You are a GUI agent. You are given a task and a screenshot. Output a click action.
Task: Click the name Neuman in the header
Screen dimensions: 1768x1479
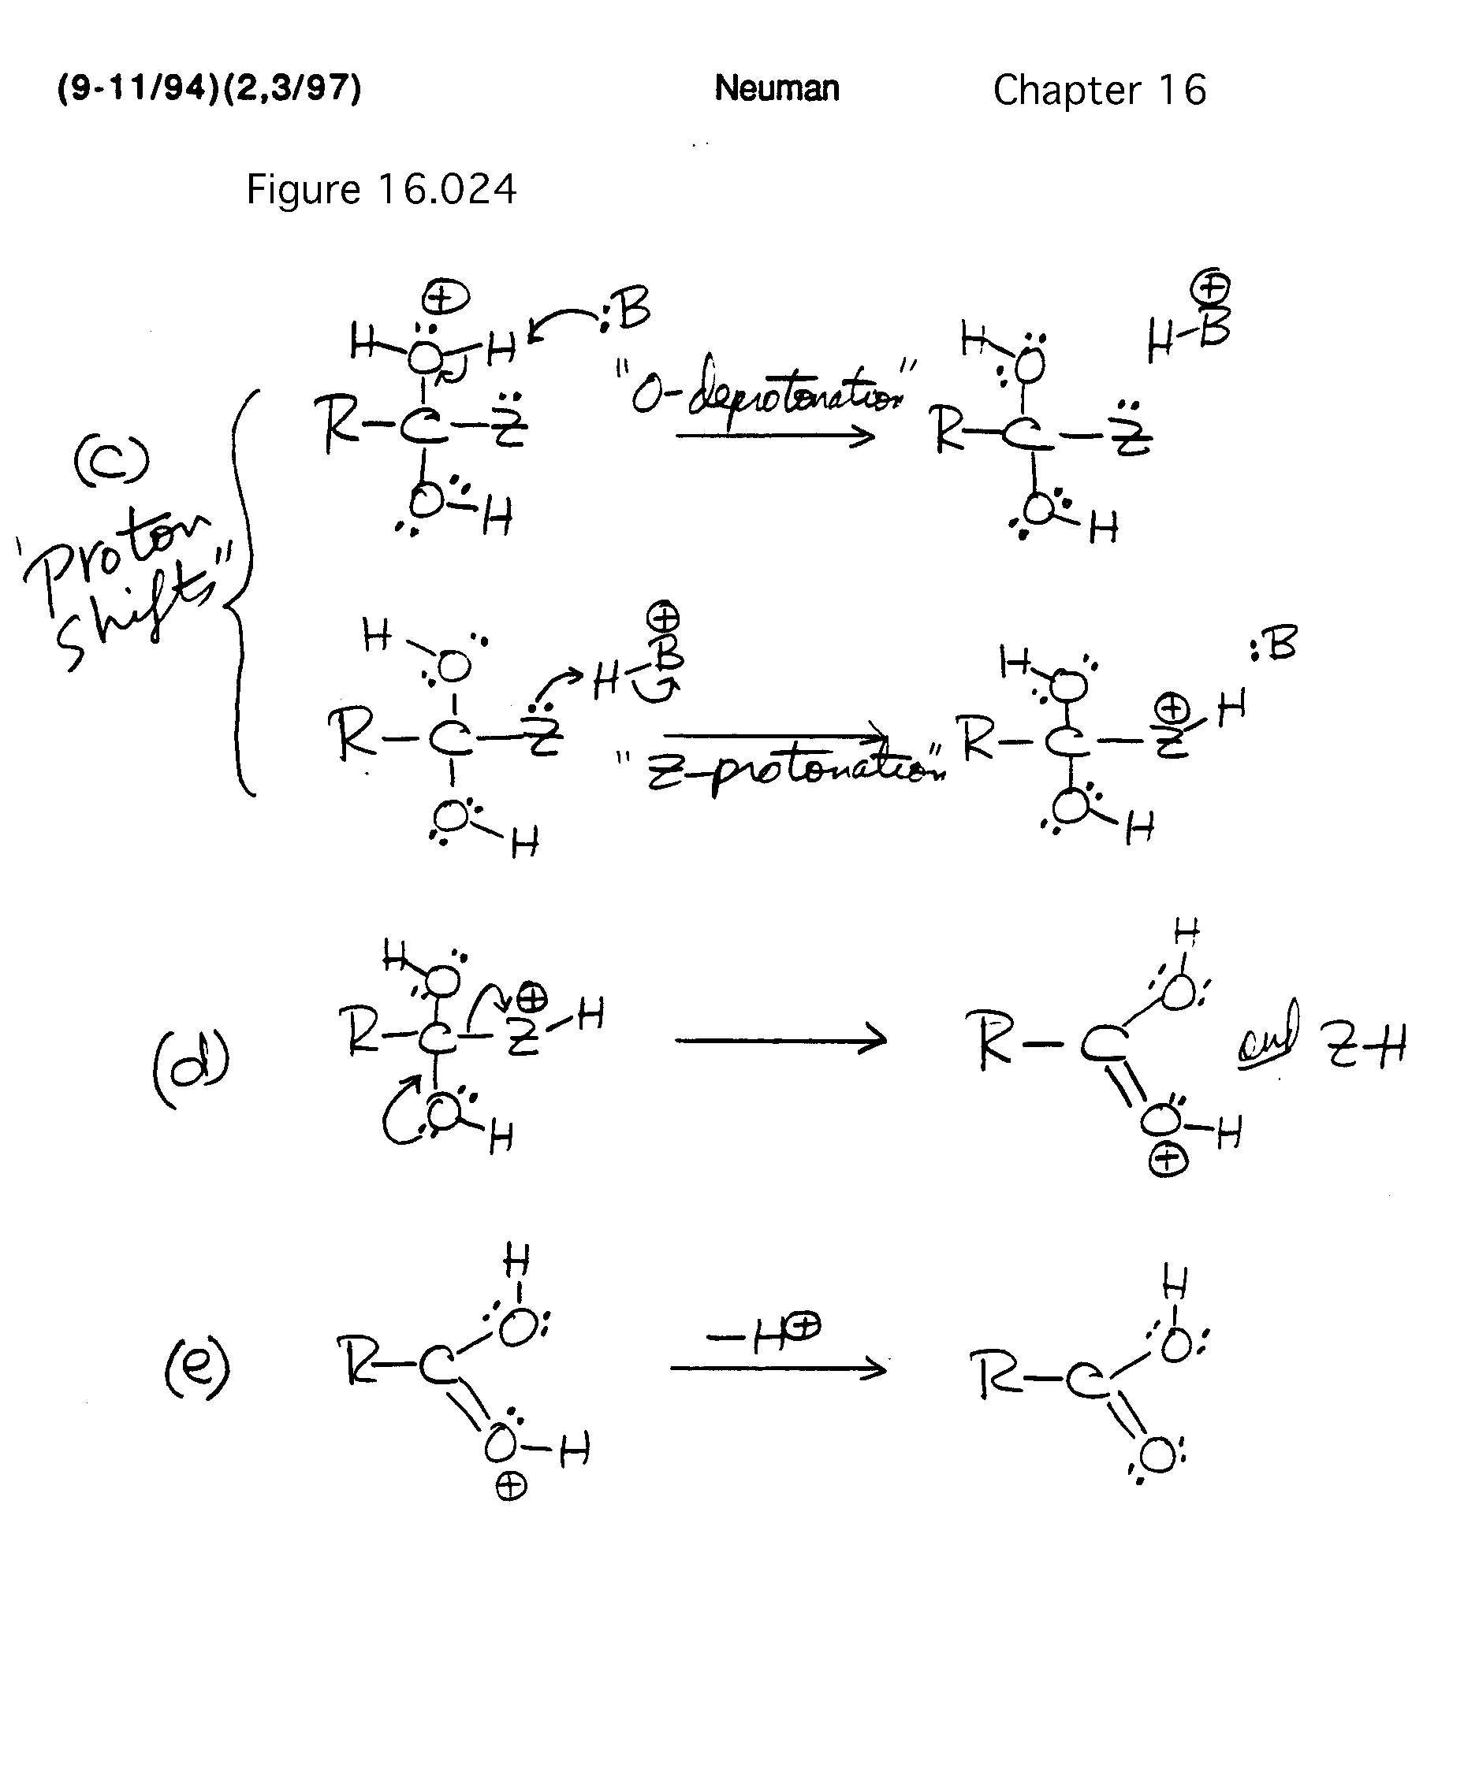[x=777, y=88]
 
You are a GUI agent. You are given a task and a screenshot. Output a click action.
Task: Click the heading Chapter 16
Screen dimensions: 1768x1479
[x=1099, y=90]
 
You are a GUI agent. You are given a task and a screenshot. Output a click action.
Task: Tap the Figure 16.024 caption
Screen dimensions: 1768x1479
[x=381, y=189]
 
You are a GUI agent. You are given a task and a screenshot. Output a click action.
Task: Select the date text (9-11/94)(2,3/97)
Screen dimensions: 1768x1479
[x=209, y=88]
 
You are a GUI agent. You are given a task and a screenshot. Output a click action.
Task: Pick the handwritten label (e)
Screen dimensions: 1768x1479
[x=196, y=1368]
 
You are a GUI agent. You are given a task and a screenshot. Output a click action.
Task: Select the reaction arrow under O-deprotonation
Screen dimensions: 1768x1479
[x=775, y=436]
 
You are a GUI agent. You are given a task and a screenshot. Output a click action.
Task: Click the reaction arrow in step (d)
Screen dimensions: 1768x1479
[x=780, y=1041]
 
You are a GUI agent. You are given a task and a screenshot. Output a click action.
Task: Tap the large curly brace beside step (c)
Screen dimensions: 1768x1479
[x=242, y=589]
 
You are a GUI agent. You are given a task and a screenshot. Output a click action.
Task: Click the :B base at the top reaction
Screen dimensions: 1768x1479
[x=628, y=311]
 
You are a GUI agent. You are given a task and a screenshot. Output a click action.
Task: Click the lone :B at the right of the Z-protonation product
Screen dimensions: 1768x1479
[x=1273, y=644]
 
